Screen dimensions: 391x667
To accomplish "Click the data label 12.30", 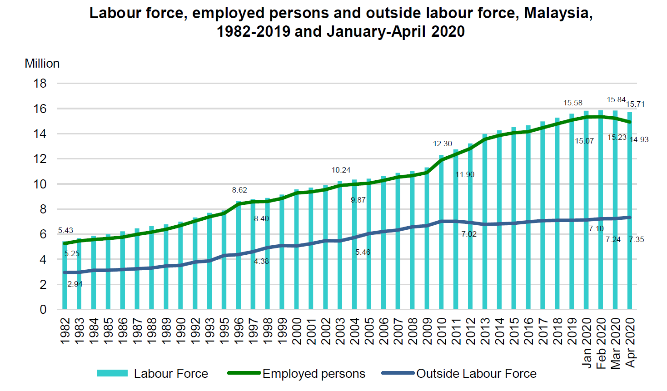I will click(x=442, y=144).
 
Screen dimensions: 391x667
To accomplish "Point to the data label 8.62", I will click(x=239, y=190).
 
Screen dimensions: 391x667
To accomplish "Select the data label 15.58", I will click(x=572, y=103).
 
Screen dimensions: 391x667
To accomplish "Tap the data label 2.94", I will click(x=75, y=284).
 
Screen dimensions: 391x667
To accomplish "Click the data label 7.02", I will click(x=469, y=234).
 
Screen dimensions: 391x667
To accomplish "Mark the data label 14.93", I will click(x=639, y=139).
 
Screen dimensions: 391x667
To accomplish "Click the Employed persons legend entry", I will click(x=314, y=373).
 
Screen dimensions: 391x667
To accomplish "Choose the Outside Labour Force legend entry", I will click(x=476, y=373).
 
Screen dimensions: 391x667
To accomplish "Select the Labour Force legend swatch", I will click(x=112, y=373).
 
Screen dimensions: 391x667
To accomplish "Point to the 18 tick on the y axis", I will click(x=40, y=83).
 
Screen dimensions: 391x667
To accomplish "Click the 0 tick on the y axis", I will click(x=43, y=309).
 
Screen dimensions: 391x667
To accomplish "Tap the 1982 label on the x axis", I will click(x=65, y=331).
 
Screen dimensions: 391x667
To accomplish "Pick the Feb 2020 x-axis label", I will click(x=601, y=343).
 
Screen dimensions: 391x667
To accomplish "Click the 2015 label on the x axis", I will click(x=514, y=331).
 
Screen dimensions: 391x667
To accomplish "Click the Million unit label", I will click(x=42, y=63).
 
